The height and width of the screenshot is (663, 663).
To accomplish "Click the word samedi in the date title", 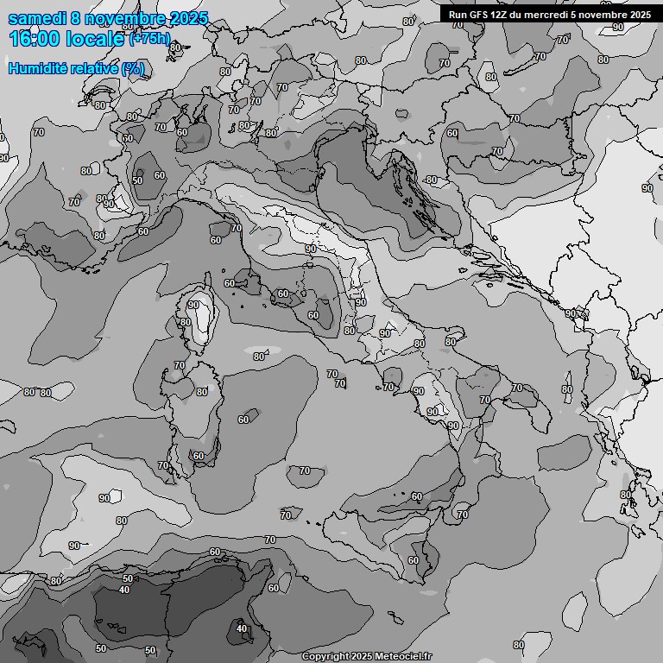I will pyautogui.click(x=35, y=18).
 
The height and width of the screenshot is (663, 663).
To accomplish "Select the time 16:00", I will pyautogui.click(x=34, y=40).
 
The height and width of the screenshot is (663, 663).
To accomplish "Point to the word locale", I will pyautogui.click(x=97, y=40).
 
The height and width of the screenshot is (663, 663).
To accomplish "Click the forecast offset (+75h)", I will pyautogui.click(x=150, y=40).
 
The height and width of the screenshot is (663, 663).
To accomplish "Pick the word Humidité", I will pyautogui.click(x=38, y=69).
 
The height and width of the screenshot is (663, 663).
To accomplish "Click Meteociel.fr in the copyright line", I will pyautogui.click(x=400, y=657).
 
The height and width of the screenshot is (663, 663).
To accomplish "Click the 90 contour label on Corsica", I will pyautogui.click(x=193, y=305).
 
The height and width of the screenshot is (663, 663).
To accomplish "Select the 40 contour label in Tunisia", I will pyautogui.click(x=242, y=628).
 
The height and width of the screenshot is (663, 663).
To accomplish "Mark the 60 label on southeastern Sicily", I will pyautogui.click(x=413, y=560).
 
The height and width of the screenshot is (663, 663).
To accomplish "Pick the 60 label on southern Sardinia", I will pyautogui.click(x=199, y=456).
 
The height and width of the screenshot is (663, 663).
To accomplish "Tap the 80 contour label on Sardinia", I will pyautogui.click(x=201, y=391).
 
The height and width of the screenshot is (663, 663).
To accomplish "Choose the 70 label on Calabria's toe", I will pyautogui.click(x=463, y=515).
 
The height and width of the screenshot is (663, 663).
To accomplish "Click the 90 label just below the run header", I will pyautogui.click(x=618, y=27).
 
